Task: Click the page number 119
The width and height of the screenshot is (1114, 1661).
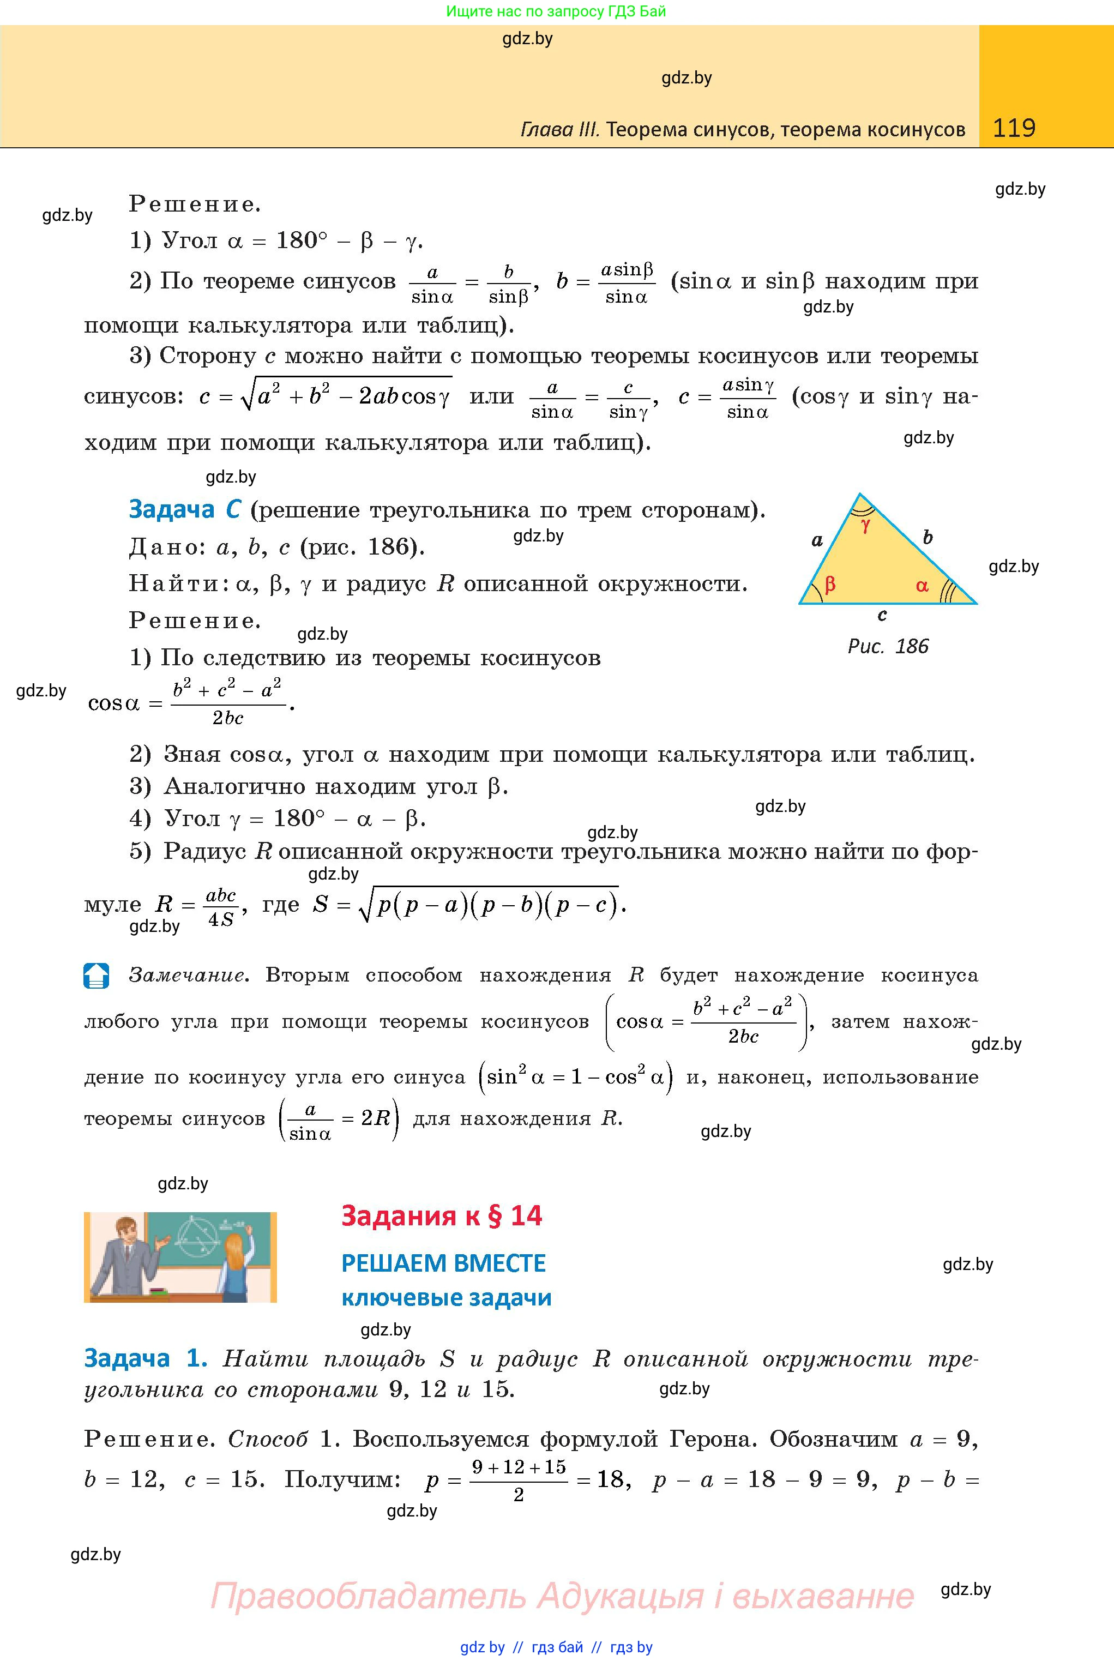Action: (1014, 128)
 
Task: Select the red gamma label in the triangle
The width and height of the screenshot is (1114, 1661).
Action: (865, 526)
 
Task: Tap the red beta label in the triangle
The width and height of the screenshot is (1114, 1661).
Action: (829, 585)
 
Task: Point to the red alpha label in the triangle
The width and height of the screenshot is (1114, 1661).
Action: (922, 586)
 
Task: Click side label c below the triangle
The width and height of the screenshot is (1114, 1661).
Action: (882, 615)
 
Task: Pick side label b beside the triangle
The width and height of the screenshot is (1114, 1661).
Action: (927, 537)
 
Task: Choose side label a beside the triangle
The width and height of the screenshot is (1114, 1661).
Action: (817, 540)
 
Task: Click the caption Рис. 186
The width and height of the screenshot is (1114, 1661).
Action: (888, 647)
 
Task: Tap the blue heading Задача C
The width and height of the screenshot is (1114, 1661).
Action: (185, 509)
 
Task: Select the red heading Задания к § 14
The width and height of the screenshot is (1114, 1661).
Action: (441, 1215)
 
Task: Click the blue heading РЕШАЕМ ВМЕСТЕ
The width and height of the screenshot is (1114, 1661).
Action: (443, 1263)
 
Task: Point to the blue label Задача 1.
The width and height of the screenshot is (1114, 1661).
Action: (146, 1358)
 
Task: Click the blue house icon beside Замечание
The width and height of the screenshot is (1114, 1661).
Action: (96, 976)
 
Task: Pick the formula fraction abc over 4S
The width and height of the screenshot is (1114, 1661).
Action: (220, 906)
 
